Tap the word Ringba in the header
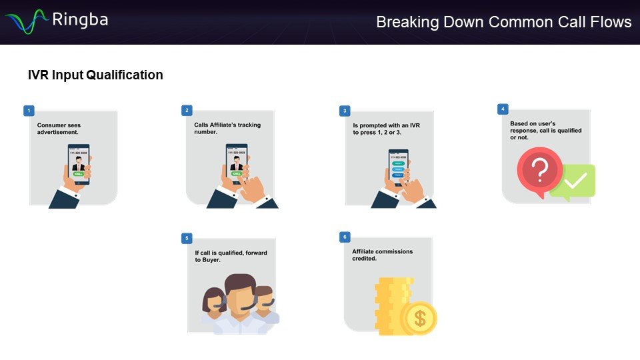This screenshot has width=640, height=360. tap(79, 19)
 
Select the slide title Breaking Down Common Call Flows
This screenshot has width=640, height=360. tap(503, 22)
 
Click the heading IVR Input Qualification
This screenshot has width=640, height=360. tap(95, 75)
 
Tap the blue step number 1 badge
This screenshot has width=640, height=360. tap(27, 109)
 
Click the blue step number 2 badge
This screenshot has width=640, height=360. tap(187, 109)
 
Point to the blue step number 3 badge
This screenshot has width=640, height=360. tap(344, 110)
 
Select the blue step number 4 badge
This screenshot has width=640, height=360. tap(503, 108)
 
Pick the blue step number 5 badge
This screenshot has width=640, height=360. tap(187, 237)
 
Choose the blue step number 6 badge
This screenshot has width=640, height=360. tap(344, 237)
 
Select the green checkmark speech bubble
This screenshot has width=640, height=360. tap(575, 181)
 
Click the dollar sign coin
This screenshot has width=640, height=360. tap(419, 319)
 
